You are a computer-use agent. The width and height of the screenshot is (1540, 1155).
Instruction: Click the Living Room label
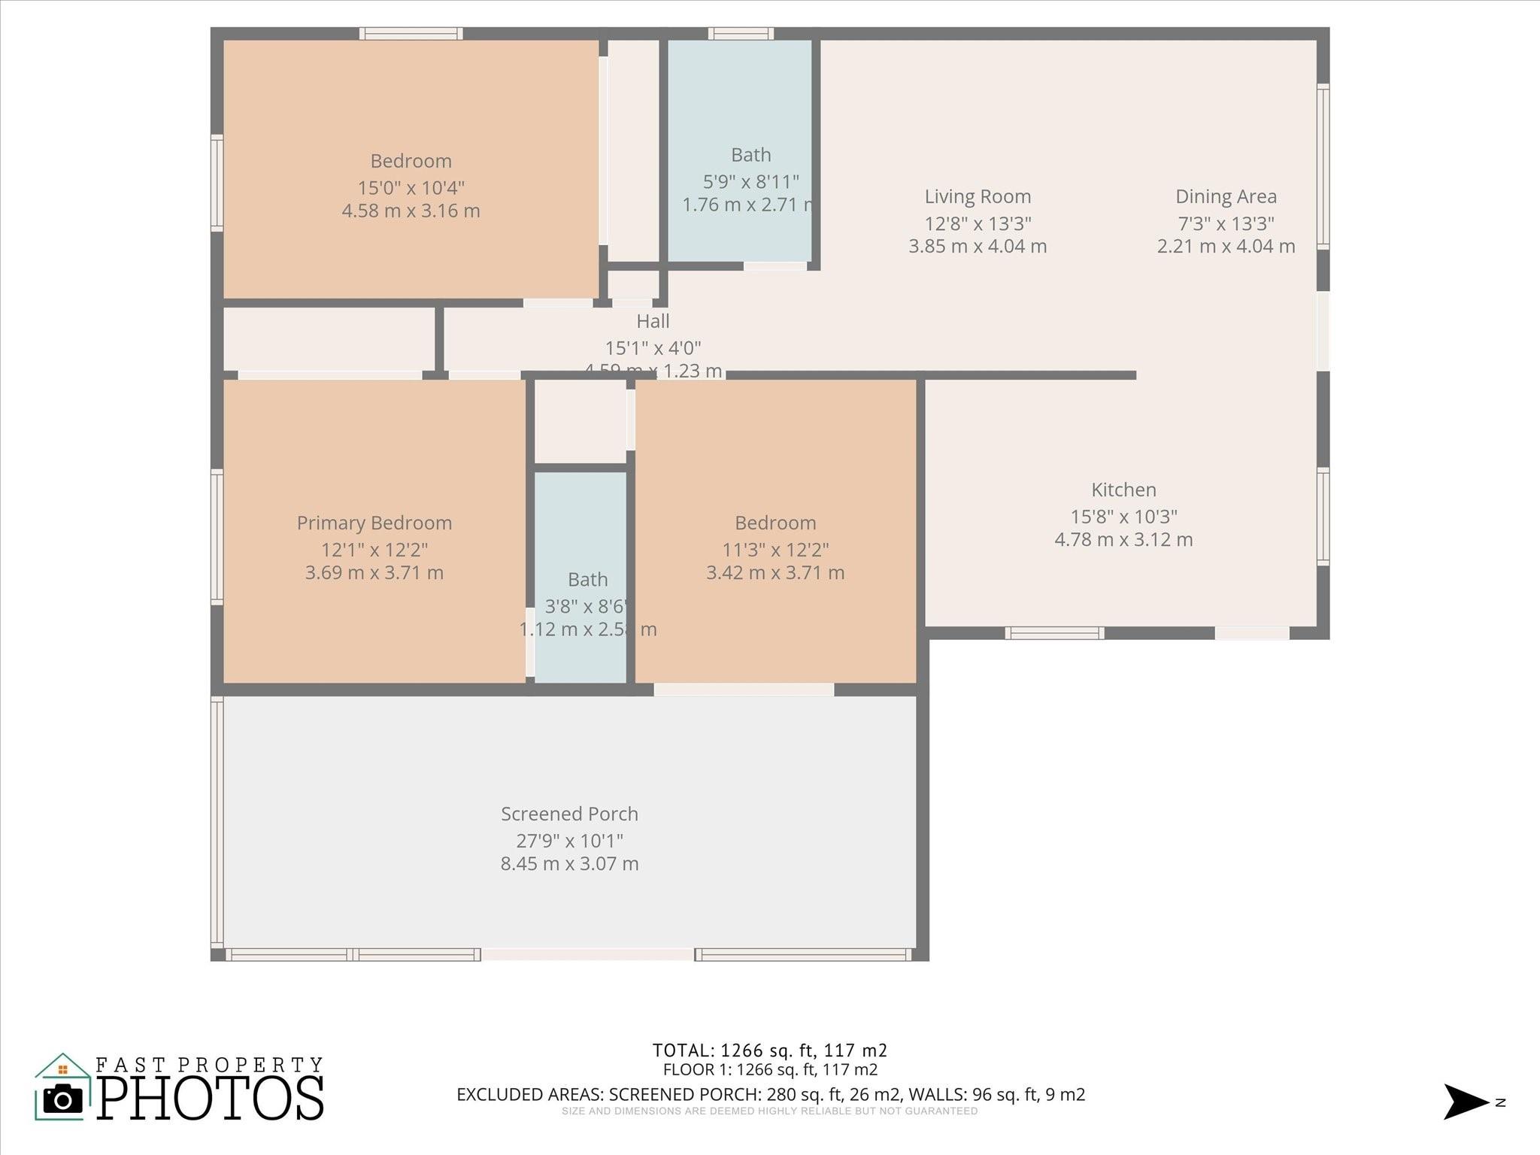coord(978,197)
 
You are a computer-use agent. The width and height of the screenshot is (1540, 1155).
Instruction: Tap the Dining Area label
coord(1226,197)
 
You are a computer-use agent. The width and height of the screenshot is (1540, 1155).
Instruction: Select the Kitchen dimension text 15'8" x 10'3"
coord(1123,517)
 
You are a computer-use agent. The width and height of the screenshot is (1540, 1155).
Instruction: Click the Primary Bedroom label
coord(374,523)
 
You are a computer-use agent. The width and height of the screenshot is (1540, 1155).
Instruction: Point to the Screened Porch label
coord(569,814)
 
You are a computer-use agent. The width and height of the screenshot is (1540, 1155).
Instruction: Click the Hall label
coord(653,321)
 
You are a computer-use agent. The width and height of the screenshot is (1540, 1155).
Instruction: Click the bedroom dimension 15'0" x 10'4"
coord(411,187)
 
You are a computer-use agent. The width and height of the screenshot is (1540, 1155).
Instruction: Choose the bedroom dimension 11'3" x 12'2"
coord(775,550)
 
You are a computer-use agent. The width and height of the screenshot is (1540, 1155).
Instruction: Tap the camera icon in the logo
coord(63,1099)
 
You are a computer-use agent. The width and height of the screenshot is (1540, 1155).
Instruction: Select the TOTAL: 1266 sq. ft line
coord(769,1050)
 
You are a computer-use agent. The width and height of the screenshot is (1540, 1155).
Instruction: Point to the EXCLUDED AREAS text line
coord(770,1094)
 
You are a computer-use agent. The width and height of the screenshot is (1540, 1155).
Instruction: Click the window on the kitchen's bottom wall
coord(1054,633)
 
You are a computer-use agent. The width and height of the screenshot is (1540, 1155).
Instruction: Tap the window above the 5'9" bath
coord(741,33)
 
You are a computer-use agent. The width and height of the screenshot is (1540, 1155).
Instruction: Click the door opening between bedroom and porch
coord(744,690)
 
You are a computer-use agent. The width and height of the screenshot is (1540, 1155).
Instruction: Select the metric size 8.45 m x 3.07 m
coord(569,863)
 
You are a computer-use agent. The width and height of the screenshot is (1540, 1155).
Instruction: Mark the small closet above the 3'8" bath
coord(580,422)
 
